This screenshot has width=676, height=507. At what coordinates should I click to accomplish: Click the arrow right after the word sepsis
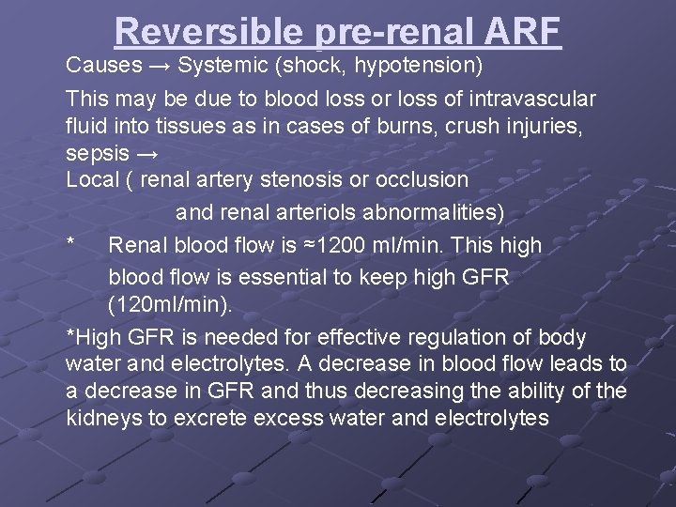(x=148, y=151)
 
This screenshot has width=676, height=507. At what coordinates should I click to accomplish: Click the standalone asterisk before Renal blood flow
(x=71, y=246)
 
